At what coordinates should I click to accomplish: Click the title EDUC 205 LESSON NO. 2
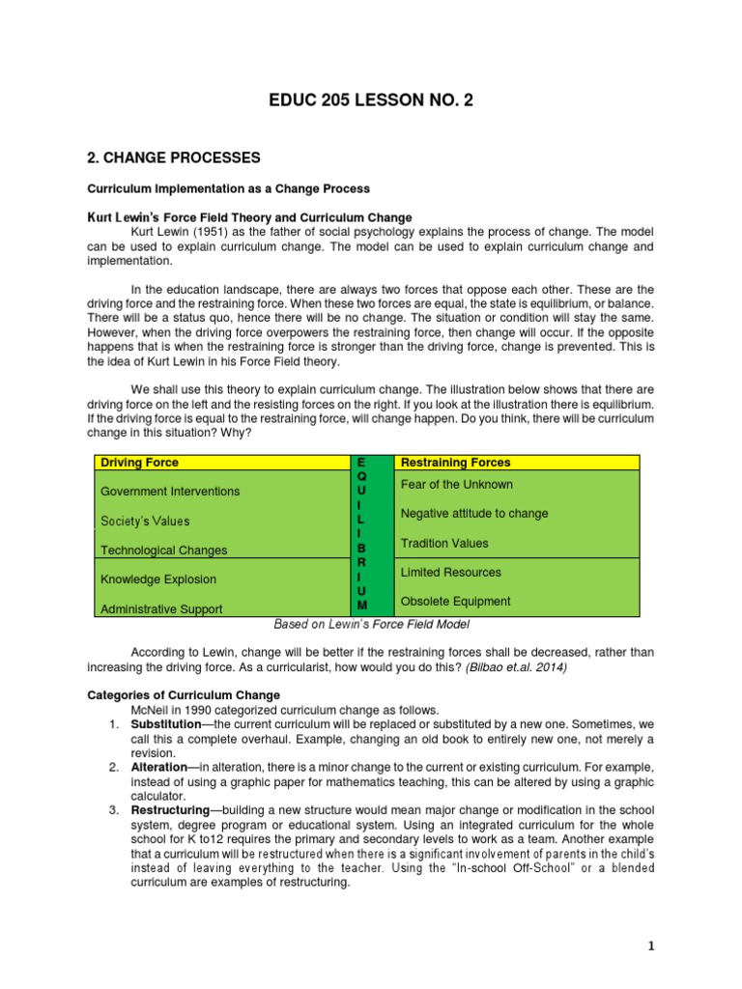coord(371,100)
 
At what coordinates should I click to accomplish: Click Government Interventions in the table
coord(170,492)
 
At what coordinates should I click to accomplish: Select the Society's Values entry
coord(145,521)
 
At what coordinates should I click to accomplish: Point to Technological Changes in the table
coord(164,551)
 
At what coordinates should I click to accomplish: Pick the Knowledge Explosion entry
coord(158,579)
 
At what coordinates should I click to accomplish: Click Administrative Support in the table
coord(161,609)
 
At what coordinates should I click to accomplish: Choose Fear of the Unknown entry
coord(457,484)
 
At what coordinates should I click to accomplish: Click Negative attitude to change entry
coord(474,514)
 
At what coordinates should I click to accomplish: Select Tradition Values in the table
coord(444,543)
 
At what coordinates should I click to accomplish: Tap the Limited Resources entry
coord(451,572)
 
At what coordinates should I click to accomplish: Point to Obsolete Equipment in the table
coord(456,601)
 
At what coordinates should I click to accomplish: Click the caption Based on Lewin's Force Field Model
coord(370,625)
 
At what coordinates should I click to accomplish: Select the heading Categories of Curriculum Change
coord(184,694)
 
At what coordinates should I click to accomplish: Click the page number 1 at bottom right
coord(651,947)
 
